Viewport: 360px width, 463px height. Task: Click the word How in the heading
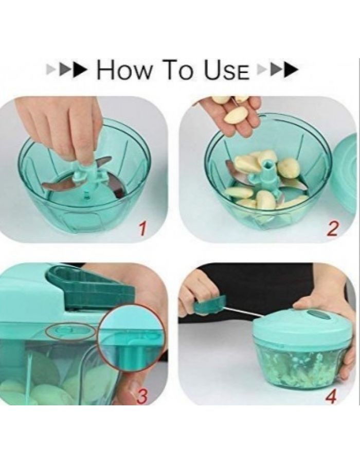tap(125, 70)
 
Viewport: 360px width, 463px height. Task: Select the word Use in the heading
tap(227, 70)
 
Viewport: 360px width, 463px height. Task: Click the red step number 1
tap(142, 229)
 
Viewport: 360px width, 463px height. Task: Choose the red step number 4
tap(331, 396)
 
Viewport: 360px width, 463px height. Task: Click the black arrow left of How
tap(79, 70)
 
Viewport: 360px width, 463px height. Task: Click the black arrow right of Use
tap(291, 70)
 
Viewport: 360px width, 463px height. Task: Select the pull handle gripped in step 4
tap(209, 305)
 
